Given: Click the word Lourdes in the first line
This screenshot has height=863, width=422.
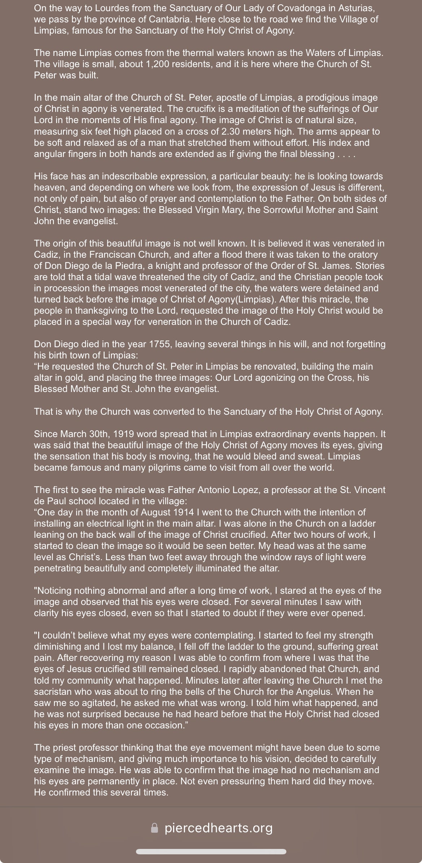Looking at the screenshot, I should (96, 8).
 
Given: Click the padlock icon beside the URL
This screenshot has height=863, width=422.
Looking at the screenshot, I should (154, 828).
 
